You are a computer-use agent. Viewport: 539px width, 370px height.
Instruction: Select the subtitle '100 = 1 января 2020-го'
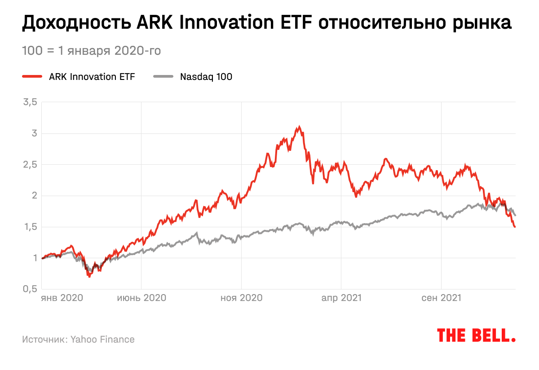point(91,51)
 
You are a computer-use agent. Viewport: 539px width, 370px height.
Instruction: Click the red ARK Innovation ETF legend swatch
point(32,77)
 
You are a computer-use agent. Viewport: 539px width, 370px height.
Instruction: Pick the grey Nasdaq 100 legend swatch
point(163,77)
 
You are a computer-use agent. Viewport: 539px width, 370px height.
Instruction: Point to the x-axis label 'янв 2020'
point(62,298)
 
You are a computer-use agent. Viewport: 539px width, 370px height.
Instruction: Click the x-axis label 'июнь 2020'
point(142,298)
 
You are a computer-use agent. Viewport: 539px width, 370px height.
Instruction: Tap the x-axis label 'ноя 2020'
point(242,298)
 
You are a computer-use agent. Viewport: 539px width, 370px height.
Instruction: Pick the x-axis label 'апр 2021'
point(342,298)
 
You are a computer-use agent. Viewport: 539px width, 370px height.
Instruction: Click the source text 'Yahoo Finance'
point(102,339)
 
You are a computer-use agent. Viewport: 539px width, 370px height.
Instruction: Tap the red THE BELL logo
point(476,335)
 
